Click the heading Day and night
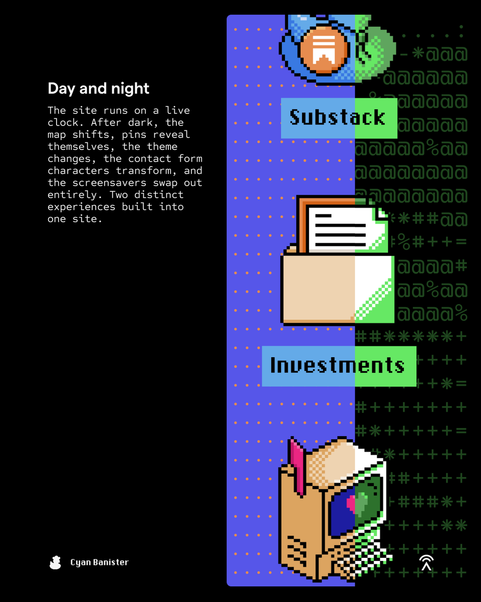[x=98, y=89]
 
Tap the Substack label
[x=339, y=118]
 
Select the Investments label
[x=339, y=366]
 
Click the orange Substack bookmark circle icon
[x=324, y=50]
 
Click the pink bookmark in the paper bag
[x=297, y=466]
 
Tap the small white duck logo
[x=55, y=562]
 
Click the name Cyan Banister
[x=100, y=562]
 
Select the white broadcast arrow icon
[x=426, y=563]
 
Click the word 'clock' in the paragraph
[x=63, y=122]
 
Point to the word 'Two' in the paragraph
[x=119, y=195]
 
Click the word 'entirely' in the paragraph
[x=75, y=195]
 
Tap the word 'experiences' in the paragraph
[x=81, y=207]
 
